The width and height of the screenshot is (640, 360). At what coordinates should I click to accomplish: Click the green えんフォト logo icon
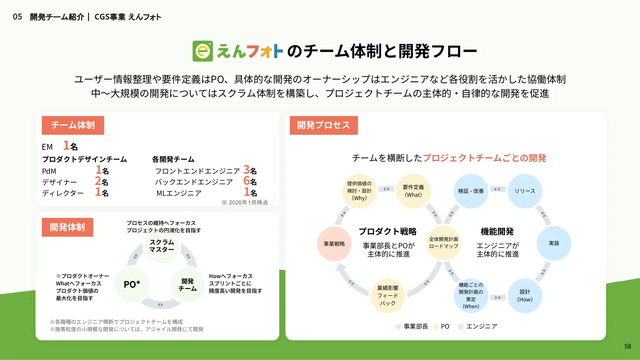click(x=203, y=51)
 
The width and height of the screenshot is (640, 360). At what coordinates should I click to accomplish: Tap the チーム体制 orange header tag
click(x=73, y=125)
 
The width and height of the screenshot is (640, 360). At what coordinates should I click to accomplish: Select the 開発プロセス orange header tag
click(x=324, y=125)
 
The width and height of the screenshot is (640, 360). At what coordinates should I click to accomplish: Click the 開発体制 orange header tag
click(x=68, y=227)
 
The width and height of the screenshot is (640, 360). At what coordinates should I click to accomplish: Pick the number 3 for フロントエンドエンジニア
click(x=246, y=169)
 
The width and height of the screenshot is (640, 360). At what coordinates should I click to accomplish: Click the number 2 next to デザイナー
click(x=98, y=181)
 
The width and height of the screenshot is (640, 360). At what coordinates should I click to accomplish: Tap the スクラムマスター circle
click(x=162, y=246)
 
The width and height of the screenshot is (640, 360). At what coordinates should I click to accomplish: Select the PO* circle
click(x=132, y=284)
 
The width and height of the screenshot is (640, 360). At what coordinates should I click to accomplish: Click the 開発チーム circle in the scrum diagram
click(x=188, y=285)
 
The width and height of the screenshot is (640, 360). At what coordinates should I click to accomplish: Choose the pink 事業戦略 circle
click(x=334, y=244)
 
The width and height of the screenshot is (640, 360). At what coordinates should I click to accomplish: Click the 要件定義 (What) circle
click(x=413, y=191)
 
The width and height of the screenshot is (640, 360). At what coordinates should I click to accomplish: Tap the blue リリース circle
click(x=525, y=191)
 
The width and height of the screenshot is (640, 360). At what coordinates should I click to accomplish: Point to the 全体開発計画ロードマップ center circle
click(x=444, y=243)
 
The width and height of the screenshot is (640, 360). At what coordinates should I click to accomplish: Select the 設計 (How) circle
click(x=525, y=296)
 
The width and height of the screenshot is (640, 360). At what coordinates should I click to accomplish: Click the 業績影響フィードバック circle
click(x=388, y=296)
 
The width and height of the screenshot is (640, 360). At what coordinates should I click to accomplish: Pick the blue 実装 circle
click(x=554, y=243)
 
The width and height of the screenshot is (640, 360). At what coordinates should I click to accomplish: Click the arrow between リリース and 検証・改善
click(x=497, y=189)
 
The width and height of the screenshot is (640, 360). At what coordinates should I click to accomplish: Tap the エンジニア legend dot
click(x=461, y=327)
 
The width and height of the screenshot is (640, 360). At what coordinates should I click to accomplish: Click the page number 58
click(x=628, y=346)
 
